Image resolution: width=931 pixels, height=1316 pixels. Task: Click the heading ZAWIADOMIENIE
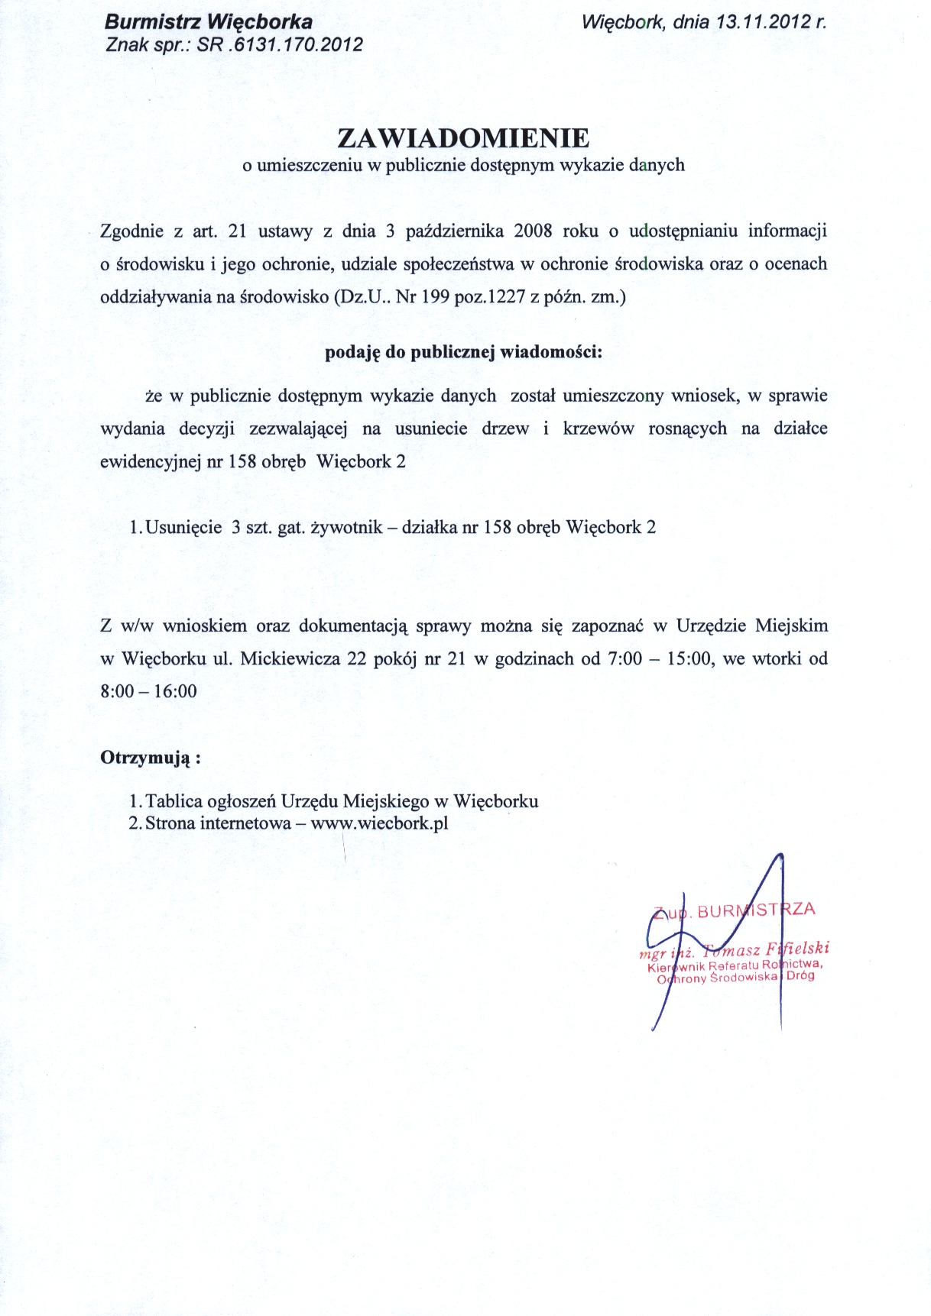point(464,138)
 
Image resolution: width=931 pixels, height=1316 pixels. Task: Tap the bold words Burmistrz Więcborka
point(208,23)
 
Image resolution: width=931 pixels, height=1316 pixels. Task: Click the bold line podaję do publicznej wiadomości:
point(464,352)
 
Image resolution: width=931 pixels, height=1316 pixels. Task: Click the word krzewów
point(598,428)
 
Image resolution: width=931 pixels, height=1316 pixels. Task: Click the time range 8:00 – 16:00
point(148,691)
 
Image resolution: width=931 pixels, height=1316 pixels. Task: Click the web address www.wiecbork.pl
point(379,823)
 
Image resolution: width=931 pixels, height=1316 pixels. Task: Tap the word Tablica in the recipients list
point(174,801)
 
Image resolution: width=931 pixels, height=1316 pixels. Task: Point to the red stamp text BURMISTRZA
point(757,910)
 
